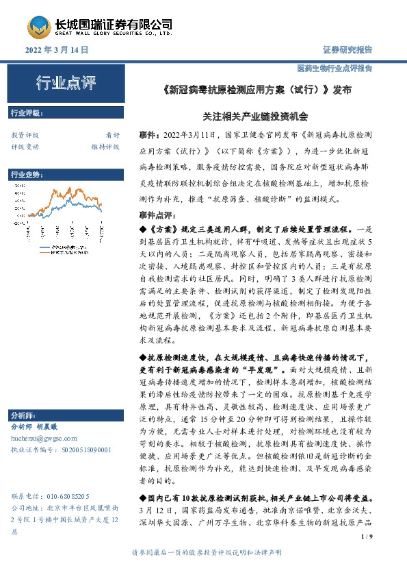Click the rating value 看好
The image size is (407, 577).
point(112,135)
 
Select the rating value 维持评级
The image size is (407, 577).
point(105,146)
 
